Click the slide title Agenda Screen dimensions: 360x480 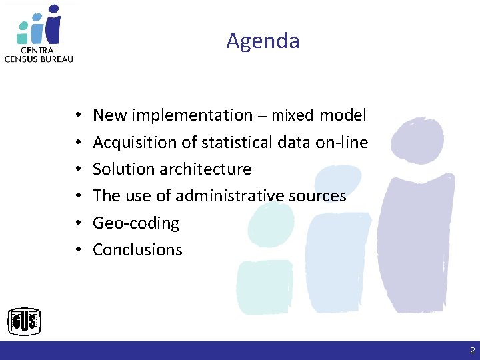[x=263, y=41]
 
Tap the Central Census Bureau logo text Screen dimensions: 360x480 [x=39, y=54]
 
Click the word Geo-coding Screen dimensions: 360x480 [x=136, y=223]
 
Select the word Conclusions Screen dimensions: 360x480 [x=137, y=249]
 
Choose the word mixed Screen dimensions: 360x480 [x=292, y=116]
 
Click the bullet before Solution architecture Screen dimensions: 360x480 [x=78, y=169]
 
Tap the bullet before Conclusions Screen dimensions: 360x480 [x=78, y=250]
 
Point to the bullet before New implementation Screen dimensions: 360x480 [x=78, y=116]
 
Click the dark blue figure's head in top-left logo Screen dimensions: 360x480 [x=53, y=10]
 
